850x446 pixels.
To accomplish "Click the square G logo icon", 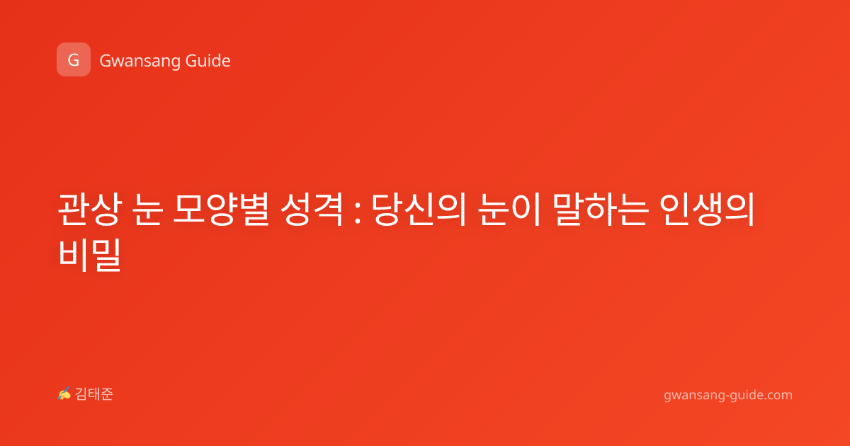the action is pyautogui.click(x=74, y=59).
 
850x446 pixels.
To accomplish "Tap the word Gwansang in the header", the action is pyautogui.click(x=140, y=61).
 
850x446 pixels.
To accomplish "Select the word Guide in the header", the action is pyautogui.click(x=208, y=60).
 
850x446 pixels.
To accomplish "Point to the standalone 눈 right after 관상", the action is pyautogui.click(x=148, y=209).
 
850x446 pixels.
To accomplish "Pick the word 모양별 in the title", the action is pyautogui.click(x=221, y=209).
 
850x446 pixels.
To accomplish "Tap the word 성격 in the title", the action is pyautogui.click(x=312, y=209).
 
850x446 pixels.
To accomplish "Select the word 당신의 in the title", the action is pyautogui.click(x=419, y=209).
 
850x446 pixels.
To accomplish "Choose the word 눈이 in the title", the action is pyautogui.click(x=509, y=209).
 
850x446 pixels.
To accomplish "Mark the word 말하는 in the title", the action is pyautogui.click(x=600, y=209).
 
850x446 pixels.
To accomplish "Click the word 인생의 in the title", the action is pyautogui.click(x=707, y=209).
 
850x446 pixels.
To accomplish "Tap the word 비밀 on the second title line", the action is pyautogui.click(x=90, y=254).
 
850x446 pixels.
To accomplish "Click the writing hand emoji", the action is pyautogui.click(x=64, y=394).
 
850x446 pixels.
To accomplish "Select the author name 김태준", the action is pyautogui.click(x=94, y=394).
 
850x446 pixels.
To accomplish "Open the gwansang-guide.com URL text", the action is pyautogui.click(x=728, y=395).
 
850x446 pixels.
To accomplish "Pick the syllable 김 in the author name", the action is pyautogui.click(x=81, y=394).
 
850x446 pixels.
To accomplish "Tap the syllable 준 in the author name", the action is pyautogui.click(x=107, y=394).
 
